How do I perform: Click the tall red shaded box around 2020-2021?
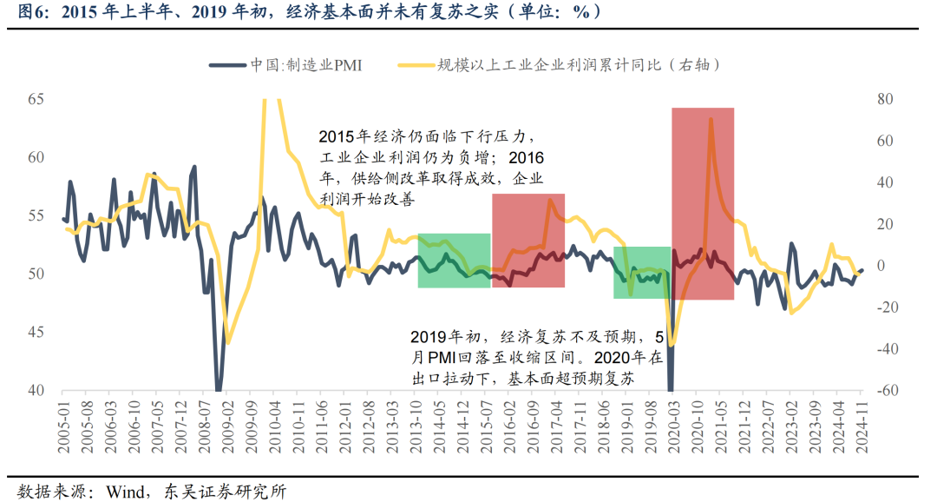(703, 203)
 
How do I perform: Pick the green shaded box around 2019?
(641, 272)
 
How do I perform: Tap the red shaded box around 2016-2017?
(527, 240)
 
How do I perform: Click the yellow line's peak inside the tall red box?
(711, 118)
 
